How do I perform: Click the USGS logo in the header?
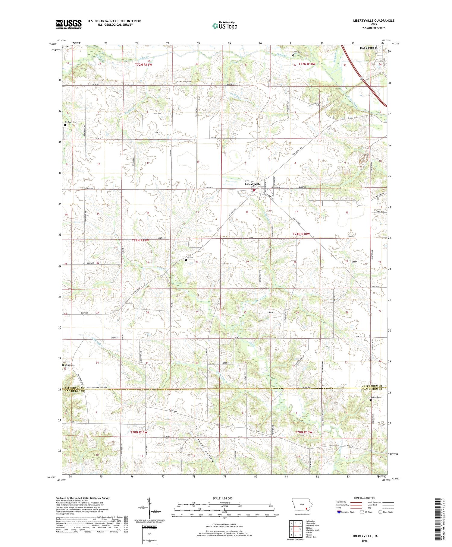click(69, 24)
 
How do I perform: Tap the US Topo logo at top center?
click(224, 26)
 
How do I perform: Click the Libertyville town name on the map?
click(253, 184)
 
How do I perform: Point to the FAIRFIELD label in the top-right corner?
click(369, 48)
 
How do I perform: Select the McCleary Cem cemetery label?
click(185, 82)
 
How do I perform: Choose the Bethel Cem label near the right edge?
click(377, 397)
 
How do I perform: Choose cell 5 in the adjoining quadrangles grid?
click(300, 529)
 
